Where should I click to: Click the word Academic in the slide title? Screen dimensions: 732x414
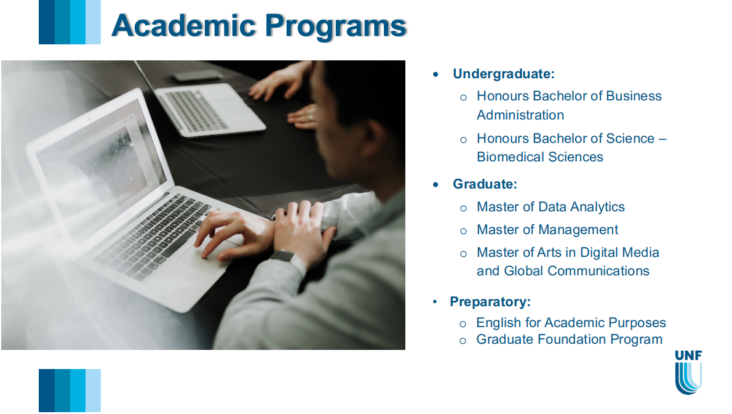(184, 25)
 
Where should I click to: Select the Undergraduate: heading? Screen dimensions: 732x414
(504, 74)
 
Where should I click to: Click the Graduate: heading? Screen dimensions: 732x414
(485, 184)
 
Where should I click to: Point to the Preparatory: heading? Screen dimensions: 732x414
(490, 302)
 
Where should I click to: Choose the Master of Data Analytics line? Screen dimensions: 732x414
(551, 207)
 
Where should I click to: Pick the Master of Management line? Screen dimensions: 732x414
(547, 230)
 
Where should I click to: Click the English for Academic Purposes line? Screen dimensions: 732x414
(571, 323)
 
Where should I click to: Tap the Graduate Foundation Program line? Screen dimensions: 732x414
(569, 339)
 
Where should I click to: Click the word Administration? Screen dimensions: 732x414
(520, 115)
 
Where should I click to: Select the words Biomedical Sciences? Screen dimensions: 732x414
(539, 157)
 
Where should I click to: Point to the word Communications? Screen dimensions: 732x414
(599, 271)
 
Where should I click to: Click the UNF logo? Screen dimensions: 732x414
(688, 372)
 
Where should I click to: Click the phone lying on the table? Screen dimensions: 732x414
(197, 75)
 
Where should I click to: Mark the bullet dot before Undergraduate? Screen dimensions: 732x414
(436, 75)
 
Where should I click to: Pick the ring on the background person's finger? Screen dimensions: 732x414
(311, 118)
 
